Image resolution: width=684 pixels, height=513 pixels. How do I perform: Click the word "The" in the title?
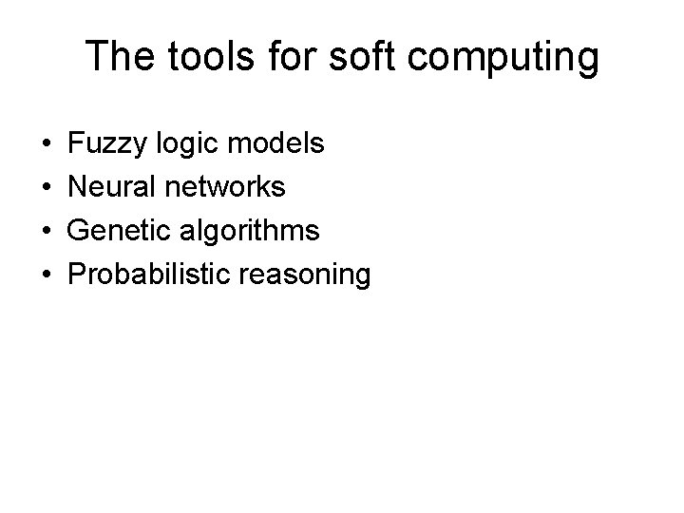pyautogui.click(x=115, y=57)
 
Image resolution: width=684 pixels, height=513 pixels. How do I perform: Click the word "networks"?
pyautogui.click(x=225, y=187)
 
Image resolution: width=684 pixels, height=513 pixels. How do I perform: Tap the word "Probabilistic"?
pyautogui.click(x=152, y=275)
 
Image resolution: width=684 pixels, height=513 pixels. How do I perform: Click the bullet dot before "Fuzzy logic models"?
pyautogui.click(x=47, y=145)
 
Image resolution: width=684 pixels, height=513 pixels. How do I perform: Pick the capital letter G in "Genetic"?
pyautogui.click(x=80, y=231)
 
